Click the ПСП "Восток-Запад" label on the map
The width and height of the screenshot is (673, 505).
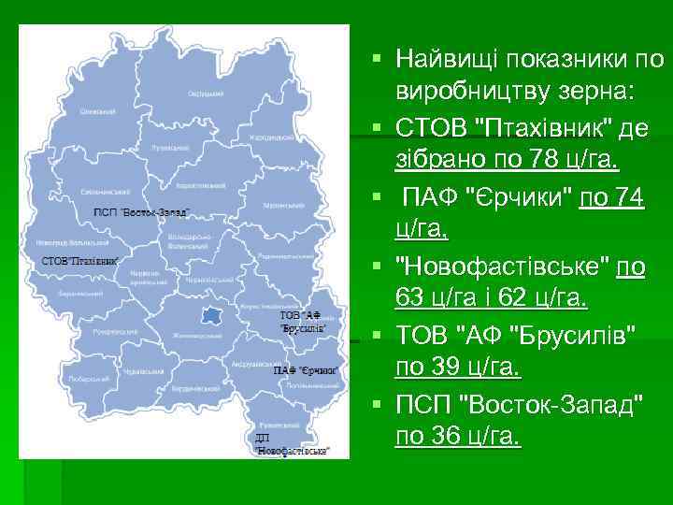(141, 212)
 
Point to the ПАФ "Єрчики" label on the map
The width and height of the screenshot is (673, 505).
(305, 371)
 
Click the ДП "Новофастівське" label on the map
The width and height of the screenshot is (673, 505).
(293, 444)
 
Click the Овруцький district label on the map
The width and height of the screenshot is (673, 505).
(205, 94)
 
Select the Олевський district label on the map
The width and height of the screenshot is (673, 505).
(97, 112)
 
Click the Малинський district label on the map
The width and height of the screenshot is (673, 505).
(277, 204)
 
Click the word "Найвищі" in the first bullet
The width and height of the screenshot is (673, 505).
(447, 60)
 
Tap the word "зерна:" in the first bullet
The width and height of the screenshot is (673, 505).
(598, 94)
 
